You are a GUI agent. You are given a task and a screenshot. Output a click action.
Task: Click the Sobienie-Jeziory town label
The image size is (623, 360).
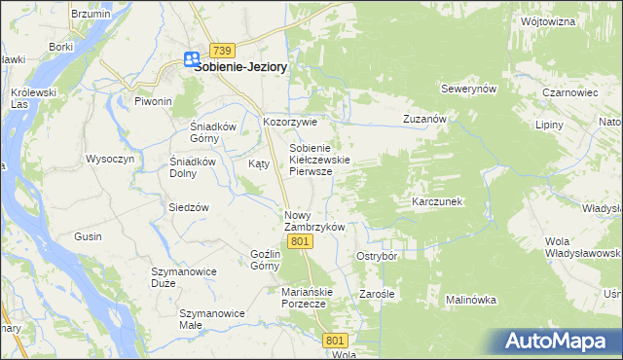pos(244,68)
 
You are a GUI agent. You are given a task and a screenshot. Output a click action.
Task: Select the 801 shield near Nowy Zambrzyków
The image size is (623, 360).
pos(301,241)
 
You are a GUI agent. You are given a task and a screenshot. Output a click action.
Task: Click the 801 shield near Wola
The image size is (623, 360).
pos(336,340)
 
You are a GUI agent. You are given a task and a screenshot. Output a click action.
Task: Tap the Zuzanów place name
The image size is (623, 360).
pos(424,119)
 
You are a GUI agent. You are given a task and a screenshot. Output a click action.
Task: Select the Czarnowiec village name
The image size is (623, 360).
pos(570,92)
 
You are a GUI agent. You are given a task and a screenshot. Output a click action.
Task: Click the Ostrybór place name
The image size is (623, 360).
pos(377,256)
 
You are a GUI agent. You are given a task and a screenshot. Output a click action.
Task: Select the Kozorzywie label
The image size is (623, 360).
pos(290,123)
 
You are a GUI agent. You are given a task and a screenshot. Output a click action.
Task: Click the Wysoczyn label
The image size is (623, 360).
pos(109,159)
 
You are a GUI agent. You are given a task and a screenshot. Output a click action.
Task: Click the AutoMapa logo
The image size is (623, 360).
pos(564,341)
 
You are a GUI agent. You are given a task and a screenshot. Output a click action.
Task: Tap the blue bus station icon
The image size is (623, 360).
pos(191,59)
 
